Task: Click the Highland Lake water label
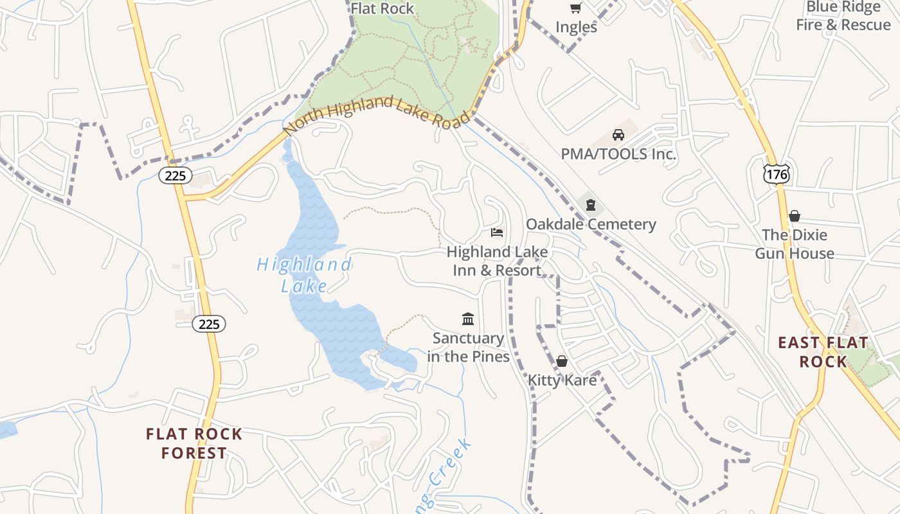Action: pos(304,275)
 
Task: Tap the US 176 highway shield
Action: pos(777,173)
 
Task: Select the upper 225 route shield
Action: pos(175,175)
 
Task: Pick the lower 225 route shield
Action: pos(209,324)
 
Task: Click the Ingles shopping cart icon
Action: pos(576,8)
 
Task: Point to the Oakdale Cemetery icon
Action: pos(591,205)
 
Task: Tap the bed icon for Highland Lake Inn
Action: pos(497,232)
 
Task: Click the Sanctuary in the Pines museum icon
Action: pos(468,319)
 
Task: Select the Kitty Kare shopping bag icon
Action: pos(562,361)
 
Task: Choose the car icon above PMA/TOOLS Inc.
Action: pos(618,135)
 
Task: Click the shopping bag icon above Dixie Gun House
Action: pos(795,215)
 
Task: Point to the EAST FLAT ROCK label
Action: pos(824,352)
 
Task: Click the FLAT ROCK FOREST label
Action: pos(194,443)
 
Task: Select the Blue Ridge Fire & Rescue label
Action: pos(843,16)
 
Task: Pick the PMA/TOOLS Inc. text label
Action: pos(618,154)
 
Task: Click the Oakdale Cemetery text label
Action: pos(591,224)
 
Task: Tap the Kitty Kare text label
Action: pos(562,380)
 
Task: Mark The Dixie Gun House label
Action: pos(795,244)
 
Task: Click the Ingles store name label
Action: pos(576,27)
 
